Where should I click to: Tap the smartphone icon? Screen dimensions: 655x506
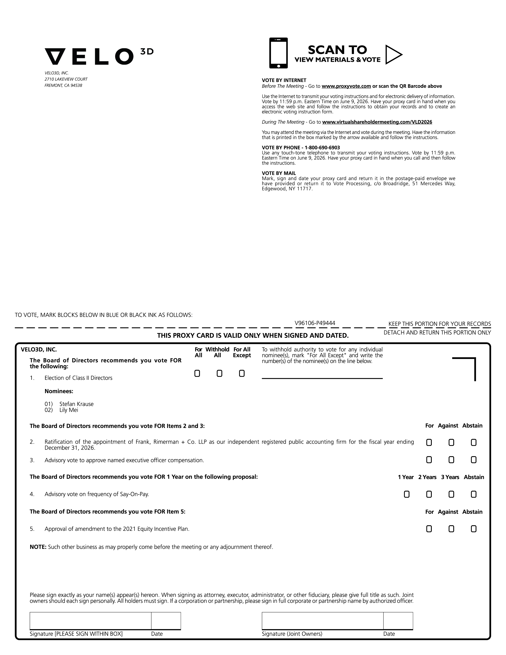[x=278, y=53]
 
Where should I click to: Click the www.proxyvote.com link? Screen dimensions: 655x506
[x=346, y=86]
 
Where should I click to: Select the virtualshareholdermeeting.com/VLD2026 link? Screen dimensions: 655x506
[x=377, y=122]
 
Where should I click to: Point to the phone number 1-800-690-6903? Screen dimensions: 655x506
[x=322, y=147]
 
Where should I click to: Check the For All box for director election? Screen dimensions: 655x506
[x=197, y=373]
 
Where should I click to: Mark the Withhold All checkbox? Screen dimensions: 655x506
[x=219, y=373]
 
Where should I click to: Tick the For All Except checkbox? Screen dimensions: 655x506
[x=242, y=373]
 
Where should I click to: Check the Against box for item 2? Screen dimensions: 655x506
[x=451, y=442]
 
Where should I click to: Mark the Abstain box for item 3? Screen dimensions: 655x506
[x=474, y=460]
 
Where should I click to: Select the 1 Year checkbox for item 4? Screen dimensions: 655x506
[x=406, y=494]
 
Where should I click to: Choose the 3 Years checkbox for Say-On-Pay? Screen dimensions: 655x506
[x=451, y=494]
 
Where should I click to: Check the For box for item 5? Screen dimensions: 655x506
[x=429, y=529]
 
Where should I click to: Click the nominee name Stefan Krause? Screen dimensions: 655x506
[x=76, y=404]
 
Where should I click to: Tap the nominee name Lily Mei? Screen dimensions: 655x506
[x=69, y=410]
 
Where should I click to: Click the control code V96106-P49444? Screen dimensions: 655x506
[x=315, y=323]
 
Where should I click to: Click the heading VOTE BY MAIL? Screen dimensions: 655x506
[x=279, y=173]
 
